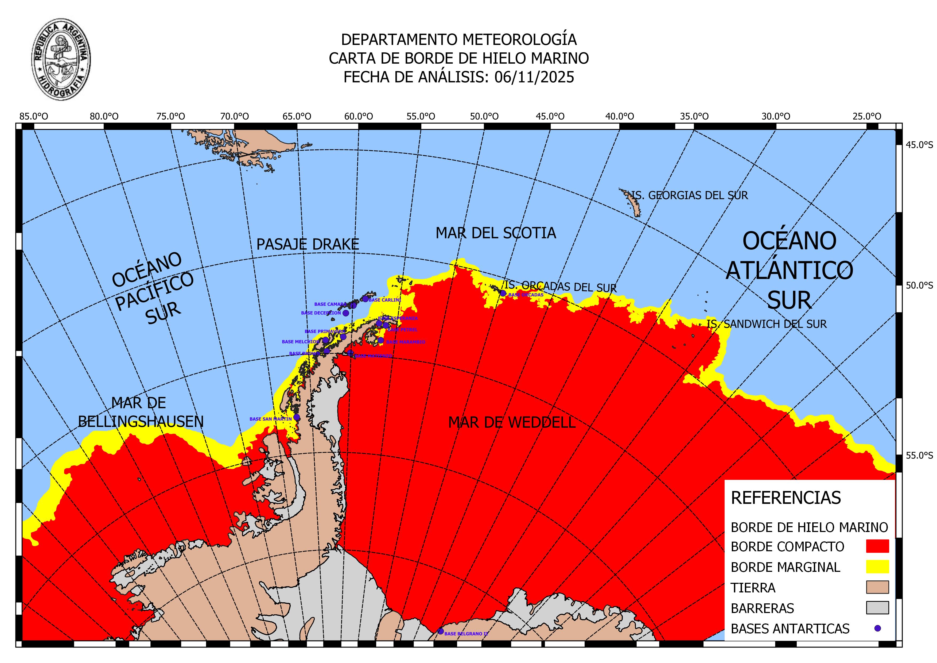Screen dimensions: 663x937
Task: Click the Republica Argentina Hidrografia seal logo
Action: pos(61,59)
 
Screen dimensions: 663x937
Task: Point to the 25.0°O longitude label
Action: pos(866,116)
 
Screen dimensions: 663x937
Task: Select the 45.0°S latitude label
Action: pos(919,145)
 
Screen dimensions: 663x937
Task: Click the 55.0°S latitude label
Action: pos(919,456)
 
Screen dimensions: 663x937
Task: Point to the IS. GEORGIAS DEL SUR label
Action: pos(690,195)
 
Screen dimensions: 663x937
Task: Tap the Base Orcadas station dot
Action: pos(503,293)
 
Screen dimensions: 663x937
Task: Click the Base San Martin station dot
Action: pos(297,417)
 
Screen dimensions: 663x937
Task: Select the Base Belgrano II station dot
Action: pos(440,631)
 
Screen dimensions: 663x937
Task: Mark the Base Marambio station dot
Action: pos(380,340)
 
